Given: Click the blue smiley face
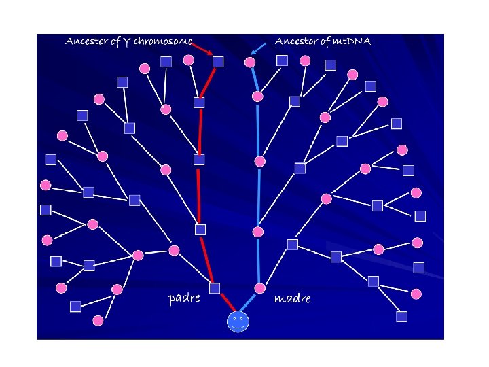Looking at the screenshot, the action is (238, 321).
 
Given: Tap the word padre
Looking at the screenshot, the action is (184, 298).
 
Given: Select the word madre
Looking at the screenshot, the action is (293, 298).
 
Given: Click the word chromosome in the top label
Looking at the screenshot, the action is (163, 42).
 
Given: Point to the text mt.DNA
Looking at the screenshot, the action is (352, 42).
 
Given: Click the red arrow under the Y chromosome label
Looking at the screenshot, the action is (203, 49).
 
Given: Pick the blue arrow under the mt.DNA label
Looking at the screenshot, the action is (257, 48).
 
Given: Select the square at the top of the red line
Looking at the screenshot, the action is (217, 62).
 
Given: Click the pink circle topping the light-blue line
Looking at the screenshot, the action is (250, 63).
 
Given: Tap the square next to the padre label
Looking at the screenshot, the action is (215, 288).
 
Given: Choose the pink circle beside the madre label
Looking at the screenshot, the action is (259, 287).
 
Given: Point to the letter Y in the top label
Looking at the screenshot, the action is (126, 43).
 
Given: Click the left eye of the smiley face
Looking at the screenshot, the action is (234, 317).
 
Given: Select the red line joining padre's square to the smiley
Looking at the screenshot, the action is (225, 301).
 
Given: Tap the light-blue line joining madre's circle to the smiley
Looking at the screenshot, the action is (250, 301).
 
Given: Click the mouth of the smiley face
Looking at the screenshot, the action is (238, 326).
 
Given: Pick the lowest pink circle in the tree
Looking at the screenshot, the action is (98, 320).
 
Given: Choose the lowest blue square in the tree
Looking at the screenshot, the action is (401, 317).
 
